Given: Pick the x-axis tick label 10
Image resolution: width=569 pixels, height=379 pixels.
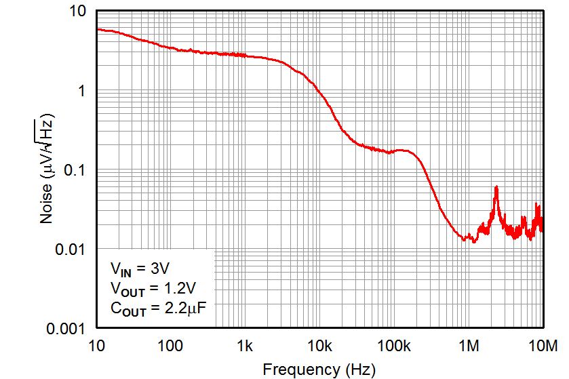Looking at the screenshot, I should [x=96, y=346].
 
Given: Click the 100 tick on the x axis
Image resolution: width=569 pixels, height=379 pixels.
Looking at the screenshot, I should [x=170, y=346].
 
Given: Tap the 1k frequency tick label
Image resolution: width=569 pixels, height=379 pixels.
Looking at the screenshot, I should [x=245, y=346].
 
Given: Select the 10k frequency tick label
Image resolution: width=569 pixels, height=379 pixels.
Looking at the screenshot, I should [x=319, y=346].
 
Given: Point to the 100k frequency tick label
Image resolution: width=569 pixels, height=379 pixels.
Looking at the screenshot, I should [x=393, y=346].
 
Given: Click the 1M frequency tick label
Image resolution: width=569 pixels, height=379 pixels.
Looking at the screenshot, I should [x=468, y=346].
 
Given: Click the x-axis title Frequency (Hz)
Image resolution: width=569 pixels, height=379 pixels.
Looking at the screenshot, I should [x=319, y=370].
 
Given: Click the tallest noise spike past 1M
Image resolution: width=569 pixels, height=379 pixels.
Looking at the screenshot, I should [x=496, y=187].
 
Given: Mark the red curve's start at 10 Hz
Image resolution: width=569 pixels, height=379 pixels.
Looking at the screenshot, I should [x=98, y=29].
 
